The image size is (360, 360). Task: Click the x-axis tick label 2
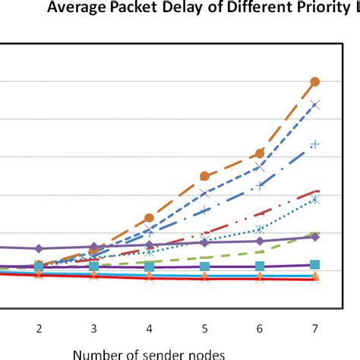39,328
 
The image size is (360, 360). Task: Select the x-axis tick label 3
94,328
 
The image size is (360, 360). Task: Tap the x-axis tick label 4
150,328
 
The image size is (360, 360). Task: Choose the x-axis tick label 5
204,328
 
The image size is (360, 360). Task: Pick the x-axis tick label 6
260,328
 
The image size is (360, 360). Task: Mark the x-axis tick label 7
315,328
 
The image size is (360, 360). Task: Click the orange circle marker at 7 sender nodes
315,81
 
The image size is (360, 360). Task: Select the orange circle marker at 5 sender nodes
204,176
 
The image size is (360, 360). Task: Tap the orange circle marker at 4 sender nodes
150,218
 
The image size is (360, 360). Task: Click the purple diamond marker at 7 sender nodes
315,237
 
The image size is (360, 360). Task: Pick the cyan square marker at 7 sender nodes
315,264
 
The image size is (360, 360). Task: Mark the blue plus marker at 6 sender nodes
260,185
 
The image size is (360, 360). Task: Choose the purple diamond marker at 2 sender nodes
39,248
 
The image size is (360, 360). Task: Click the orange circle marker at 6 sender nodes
260,153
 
